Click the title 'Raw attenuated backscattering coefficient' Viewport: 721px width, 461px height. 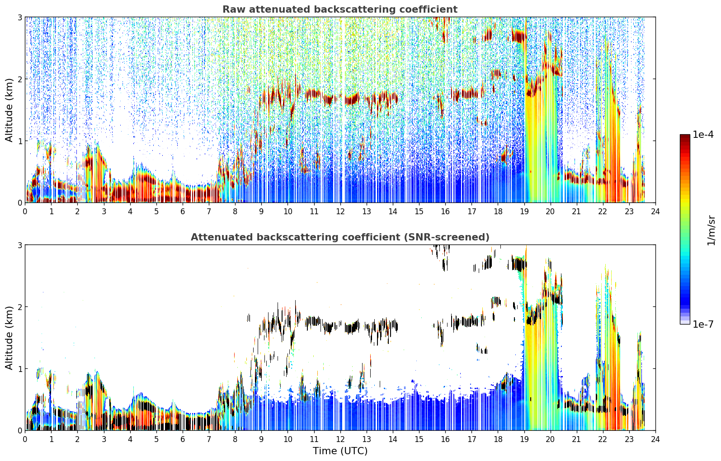(x=340, y=9)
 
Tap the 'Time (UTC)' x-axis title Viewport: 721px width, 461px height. (x=340, y=451)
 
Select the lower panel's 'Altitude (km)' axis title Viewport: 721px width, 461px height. (x=9, y=338)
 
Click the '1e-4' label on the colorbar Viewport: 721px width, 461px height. (x=703, y=135)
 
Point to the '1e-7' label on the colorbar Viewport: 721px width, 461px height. (x=703, y=324)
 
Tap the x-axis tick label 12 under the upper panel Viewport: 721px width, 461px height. (x=340, y=212)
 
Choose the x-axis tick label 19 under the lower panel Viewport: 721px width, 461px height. (x=524, y=439)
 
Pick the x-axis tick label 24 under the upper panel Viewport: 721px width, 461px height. (x=655, y=212)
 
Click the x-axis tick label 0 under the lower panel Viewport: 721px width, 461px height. (x=25, y=439)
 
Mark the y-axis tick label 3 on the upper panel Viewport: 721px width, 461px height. (x=19, y=17)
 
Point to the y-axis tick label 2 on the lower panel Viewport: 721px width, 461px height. (x=19, y=307)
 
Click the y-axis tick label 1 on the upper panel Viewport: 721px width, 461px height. (x=19, y=141)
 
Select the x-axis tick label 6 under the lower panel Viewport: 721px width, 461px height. (x=183, y=439)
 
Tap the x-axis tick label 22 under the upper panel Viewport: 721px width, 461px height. (x=603, y=212)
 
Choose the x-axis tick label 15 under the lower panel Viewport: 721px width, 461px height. (x=419, y=439)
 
